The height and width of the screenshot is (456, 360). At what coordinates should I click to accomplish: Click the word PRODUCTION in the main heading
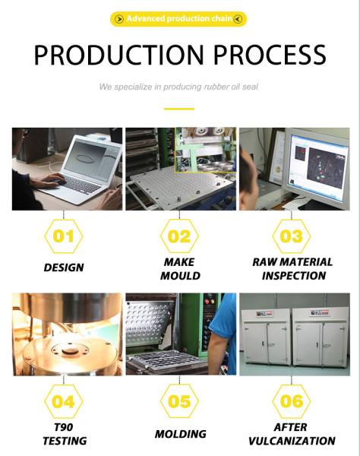pyautogui.click(x=118, y=55)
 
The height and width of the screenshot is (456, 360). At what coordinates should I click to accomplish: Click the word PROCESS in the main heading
pyautogui.click(x=270, y=55)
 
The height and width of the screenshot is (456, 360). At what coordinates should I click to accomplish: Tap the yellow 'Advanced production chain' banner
pyautogui.click(x=178, y=19)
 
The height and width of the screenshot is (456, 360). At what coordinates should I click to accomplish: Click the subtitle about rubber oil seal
pyautogui.click(x=178, y=87)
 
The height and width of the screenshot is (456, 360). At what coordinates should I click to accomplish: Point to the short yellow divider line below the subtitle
pyautogui.click(x=179, y=109)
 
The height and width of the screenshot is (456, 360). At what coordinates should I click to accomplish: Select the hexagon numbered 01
pyautogui.click(x=64, y=236)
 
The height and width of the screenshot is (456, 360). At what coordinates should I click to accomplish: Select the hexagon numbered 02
pyautogui.click(x=179, y=236)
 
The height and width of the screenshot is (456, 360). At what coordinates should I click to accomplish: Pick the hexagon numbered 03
pyautogui.click(x=292, y=236)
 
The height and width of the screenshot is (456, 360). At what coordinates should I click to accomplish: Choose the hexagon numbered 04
pyautogui.click(x=64, y=401)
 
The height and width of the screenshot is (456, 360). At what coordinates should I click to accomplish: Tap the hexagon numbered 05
pyautogui.click(x=179, y=401)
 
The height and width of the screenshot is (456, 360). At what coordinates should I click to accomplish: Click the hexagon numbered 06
pyautogui.click(x=292, y=401)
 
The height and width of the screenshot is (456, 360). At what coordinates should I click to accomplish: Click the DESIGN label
pyautogui.click(x=64, y=268)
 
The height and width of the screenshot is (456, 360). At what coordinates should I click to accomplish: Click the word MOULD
pyautogui.click(x=180, y=276)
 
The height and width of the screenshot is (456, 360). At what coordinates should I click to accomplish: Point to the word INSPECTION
pyautogui.click(x=294, y=276)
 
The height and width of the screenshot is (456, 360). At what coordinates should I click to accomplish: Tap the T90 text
pyautogui.click(x=63, y=427)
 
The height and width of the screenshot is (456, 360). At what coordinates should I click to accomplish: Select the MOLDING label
pyautogui.click(x=181, y=434)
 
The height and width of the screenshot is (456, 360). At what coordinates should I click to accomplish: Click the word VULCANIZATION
pyautogui.click(x=292, y=441)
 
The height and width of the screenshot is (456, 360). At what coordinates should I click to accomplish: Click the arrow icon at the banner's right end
pyautogui.click(x=238, y=19)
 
